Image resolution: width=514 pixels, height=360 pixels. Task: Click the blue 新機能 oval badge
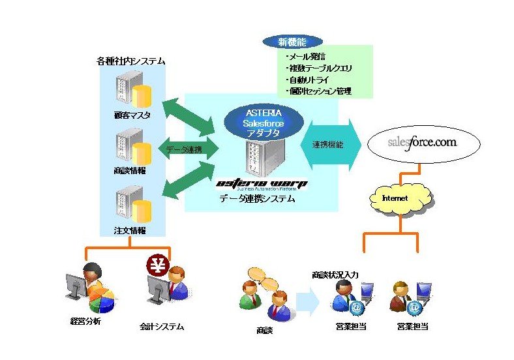[x=291, y=41]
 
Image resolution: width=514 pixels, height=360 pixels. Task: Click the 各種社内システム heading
[x=130, y=61]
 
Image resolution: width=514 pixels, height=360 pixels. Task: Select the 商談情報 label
[x=130, y=171]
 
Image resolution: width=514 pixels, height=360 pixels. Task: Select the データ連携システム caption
[x=258, y=198]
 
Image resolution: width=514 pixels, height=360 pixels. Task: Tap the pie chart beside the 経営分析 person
[x=103, y=301]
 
